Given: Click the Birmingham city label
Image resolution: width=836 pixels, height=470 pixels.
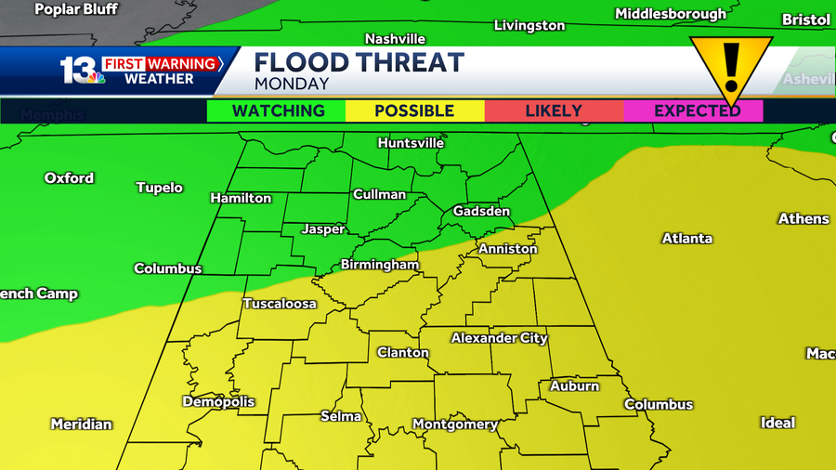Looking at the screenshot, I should (379, 265).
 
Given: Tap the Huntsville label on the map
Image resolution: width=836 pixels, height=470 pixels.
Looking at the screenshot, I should (411, 143).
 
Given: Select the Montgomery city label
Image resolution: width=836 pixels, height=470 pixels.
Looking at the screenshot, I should (454, 424).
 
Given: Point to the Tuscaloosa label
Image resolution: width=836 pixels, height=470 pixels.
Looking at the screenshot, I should (280, 304).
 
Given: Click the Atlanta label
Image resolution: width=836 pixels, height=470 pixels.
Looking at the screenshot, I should (686, 239).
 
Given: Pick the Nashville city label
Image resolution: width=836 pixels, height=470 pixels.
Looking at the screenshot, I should (395, 39).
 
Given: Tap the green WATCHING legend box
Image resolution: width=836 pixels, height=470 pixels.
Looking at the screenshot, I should (277, 111).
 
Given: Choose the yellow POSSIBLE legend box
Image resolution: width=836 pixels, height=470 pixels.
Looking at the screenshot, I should (414, 111).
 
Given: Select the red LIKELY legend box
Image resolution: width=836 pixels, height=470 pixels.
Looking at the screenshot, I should (554, 111).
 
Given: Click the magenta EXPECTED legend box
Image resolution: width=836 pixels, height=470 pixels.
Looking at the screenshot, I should (697, 111).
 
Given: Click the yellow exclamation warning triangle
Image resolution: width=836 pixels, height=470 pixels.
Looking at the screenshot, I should (730, 67).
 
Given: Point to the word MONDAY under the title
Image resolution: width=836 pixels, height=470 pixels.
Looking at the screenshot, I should (291, 84).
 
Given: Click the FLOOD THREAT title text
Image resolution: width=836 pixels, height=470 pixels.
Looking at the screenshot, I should (359, 62).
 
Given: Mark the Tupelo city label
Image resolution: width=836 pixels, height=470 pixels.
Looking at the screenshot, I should (159, 188).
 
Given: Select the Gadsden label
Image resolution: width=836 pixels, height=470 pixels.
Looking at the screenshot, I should (481, 212).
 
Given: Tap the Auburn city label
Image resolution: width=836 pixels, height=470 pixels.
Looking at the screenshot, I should (574, 385).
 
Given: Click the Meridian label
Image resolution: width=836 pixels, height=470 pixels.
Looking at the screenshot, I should (81, 424).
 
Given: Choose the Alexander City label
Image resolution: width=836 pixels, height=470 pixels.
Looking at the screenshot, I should (499, 338).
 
